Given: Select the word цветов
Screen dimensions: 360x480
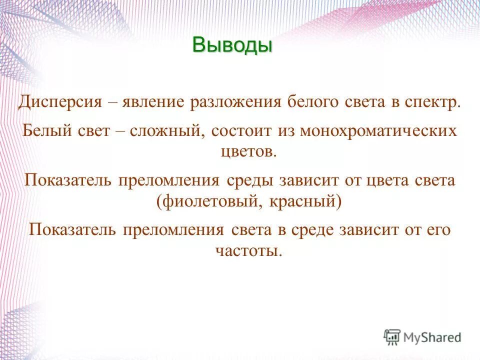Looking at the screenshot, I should point(248,151).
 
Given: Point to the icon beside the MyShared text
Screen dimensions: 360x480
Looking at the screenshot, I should point(392,337).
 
